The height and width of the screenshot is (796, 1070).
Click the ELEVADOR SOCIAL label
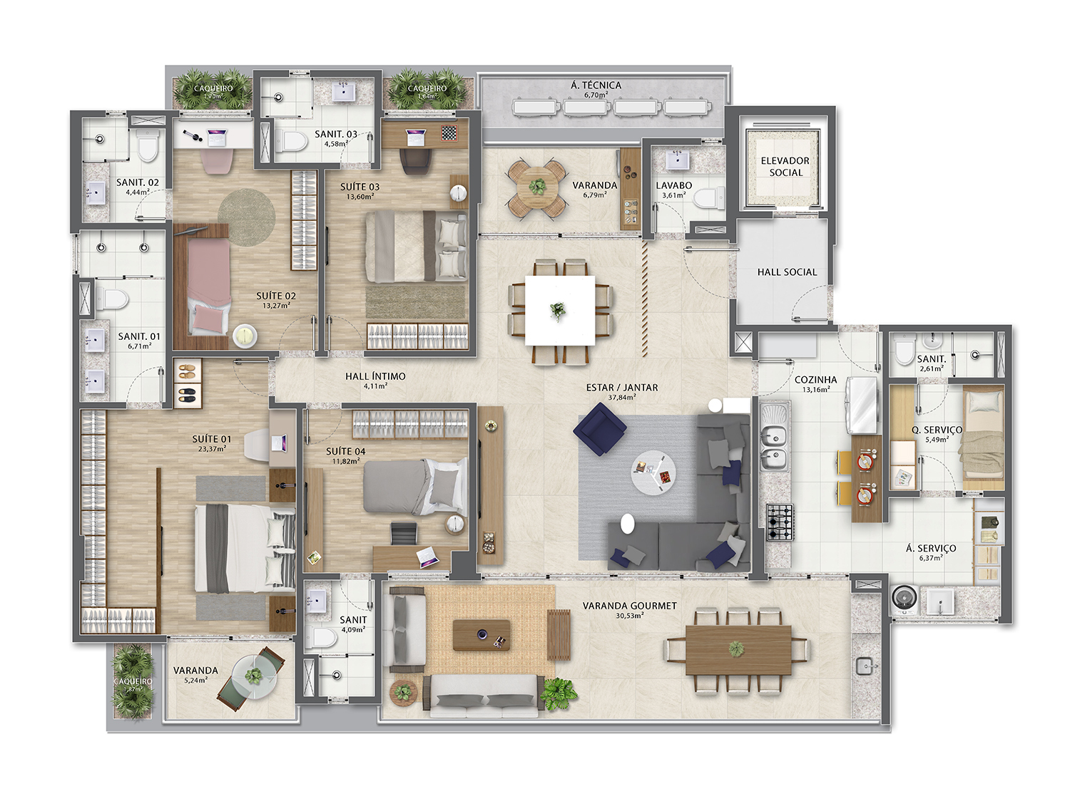tap(785, 167)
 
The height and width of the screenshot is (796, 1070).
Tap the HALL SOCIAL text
tap(787, 272)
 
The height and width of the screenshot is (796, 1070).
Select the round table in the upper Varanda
tap(537, 187)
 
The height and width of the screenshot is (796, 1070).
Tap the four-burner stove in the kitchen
tap(779, 522)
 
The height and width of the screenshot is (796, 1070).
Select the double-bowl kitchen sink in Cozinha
tap(774, 447)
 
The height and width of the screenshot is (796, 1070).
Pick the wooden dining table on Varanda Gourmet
tap(738, 649)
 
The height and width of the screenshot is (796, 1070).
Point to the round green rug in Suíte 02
tap(246, 217)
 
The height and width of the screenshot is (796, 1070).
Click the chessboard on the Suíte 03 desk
tap(449, 133)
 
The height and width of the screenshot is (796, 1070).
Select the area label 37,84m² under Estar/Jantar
tap(622, 398)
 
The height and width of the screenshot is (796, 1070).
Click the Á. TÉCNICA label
tap(596, 86)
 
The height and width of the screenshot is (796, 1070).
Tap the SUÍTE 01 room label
tap(211, 439)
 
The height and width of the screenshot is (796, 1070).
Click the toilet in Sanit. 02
tap(148, 148)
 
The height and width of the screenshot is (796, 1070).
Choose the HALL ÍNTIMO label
tap(375, 376)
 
